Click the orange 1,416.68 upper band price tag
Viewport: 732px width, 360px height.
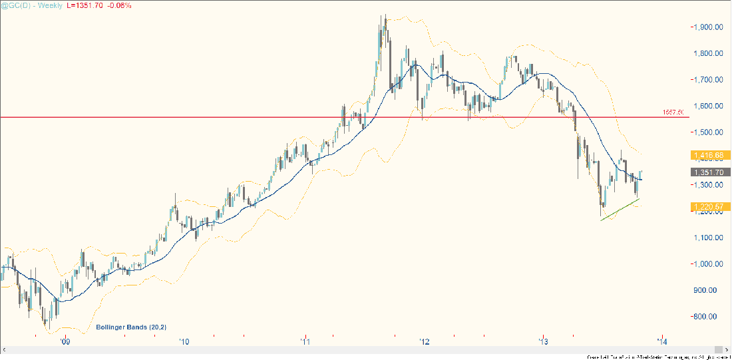[x=708, y=156]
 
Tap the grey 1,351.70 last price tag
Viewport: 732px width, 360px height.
[x=708, y=172]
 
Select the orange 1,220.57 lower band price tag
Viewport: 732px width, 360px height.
[x=708, y=208]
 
